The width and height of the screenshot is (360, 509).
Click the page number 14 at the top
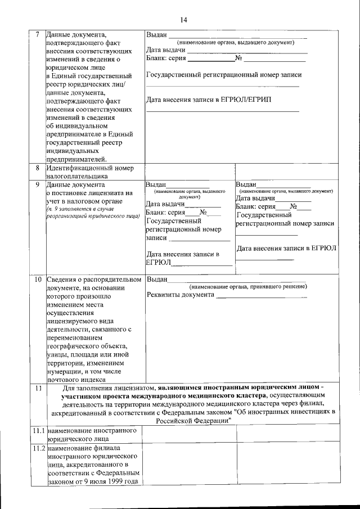[183, 20]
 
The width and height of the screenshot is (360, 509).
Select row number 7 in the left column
[37, 34]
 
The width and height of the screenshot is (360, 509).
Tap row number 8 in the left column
[37, 168]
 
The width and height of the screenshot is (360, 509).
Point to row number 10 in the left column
[37, 280]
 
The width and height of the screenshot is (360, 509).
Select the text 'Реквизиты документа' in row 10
[181, 295]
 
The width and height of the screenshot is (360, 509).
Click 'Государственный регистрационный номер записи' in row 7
[223, 75]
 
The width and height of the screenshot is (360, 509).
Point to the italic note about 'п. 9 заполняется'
[93, 212]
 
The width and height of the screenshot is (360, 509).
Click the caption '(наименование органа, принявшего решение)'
[248, 286]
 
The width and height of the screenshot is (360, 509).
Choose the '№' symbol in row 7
[238, 58]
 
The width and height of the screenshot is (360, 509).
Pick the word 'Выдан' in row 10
[156, 280]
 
